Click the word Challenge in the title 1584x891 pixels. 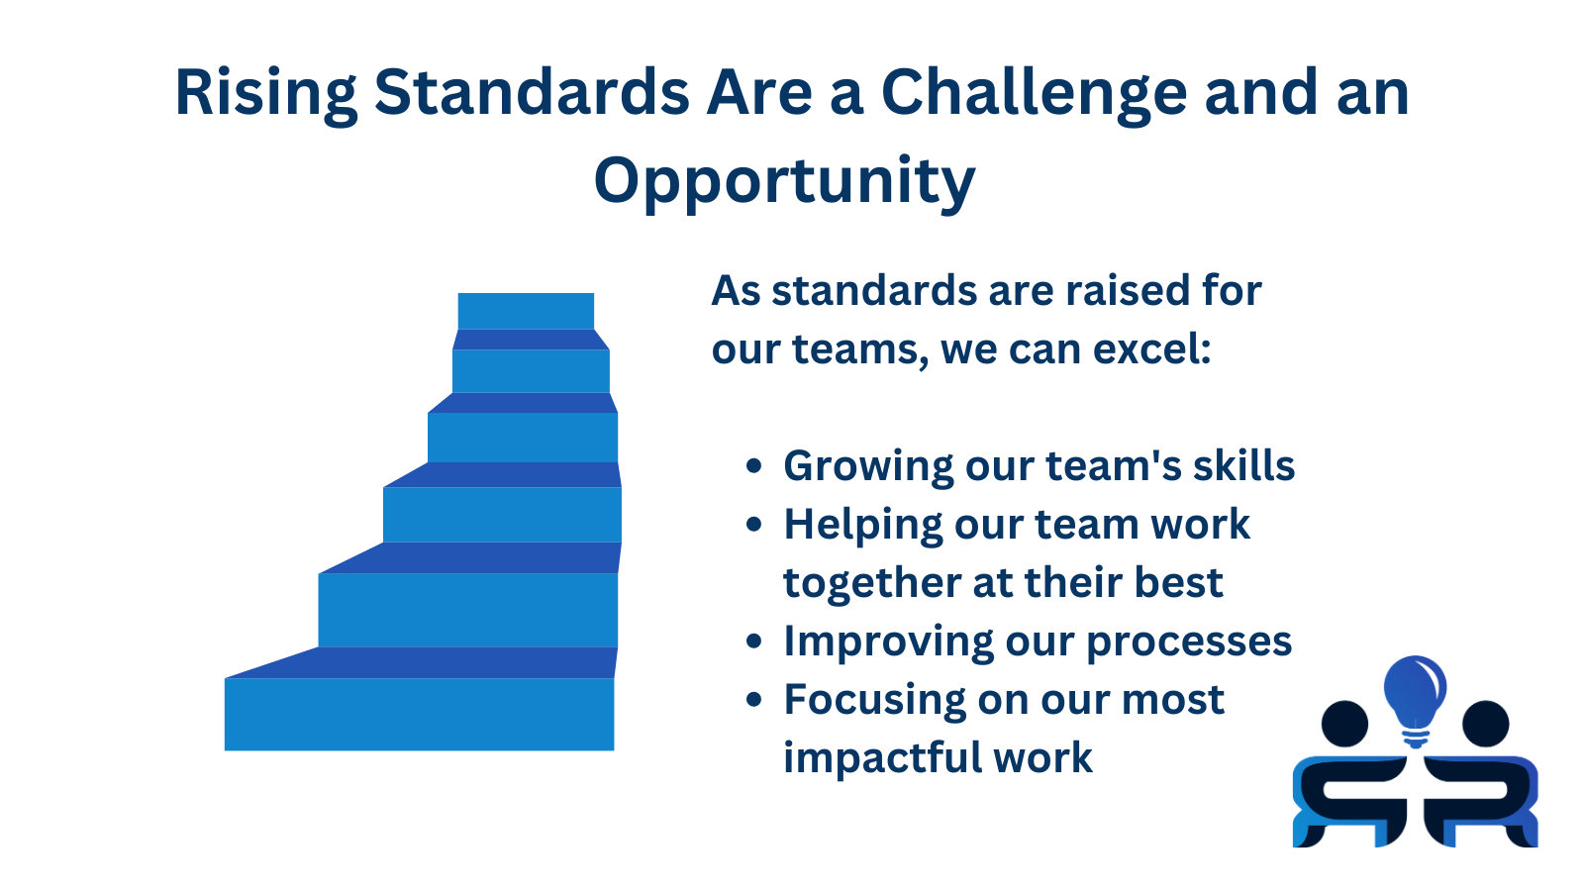pos(1034,93)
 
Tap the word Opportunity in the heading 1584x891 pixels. pos(784,182)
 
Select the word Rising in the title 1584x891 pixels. pos(265,93)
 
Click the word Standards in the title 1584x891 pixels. pos(532,93)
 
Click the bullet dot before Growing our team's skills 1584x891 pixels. pos(754,466)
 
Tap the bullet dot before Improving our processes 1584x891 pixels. pos(754,642)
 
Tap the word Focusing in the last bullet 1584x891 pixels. pos(872,700)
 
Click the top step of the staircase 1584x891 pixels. pos(526,311)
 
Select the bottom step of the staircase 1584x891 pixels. pos(419,714)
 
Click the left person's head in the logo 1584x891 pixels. pos(1344,724)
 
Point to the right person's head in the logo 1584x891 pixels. pos(1485,724)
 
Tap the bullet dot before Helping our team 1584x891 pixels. pos(754,525)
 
